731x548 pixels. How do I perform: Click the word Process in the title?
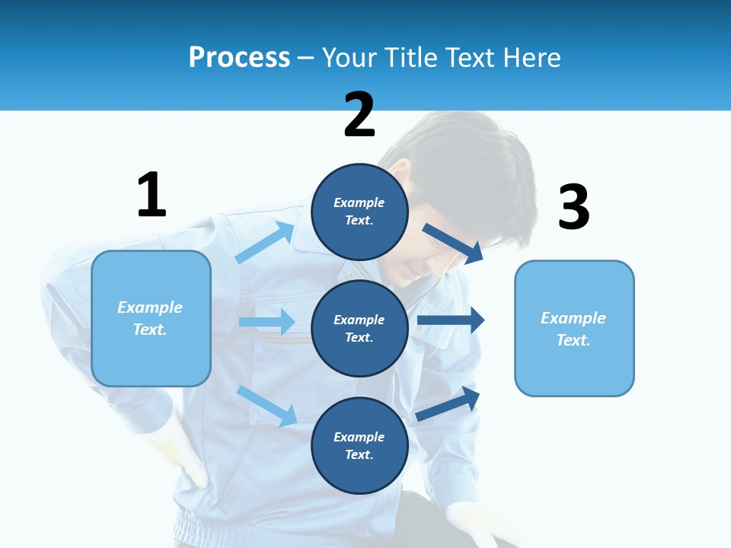tap(239, 57)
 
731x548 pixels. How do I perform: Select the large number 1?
tap(152, 195)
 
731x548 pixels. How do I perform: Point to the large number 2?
tap(359, 115)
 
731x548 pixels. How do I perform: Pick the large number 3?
tap(573, 208)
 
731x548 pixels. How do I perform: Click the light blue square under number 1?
tap(151, 318)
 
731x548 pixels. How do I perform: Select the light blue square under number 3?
tap(574, 328)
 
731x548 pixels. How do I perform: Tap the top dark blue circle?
tap(359, 212)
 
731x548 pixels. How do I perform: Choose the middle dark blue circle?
tap(359, 328)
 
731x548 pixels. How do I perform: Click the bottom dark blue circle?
tap(359, 445)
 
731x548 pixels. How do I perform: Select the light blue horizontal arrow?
tap(267, 322)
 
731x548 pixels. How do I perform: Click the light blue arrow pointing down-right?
tap(267, 405)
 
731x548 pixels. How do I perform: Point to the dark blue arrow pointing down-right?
tap(453, 243)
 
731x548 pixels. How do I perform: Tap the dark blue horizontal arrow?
tap(451, 320)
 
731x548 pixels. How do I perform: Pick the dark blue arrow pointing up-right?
tap(448, 404)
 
